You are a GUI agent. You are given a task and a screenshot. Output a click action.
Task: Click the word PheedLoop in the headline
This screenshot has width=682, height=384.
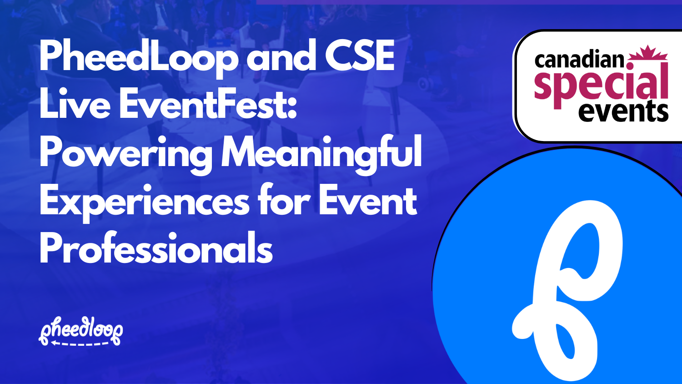click(138, 56)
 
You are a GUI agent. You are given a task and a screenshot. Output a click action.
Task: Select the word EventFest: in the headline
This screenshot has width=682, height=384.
click(208, 105)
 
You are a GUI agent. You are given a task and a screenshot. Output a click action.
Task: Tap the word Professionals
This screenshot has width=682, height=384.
click(156, 249)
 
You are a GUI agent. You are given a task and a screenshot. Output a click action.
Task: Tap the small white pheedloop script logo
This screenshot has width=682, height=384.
click(81, 329)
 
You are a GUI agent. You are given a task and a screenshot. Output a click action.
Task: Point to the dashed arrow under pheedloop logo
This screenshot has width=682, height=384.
click(80, 344)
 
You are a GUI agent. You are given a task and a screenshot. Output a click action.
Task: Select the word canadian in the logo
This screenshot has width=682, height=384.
click(580, 60)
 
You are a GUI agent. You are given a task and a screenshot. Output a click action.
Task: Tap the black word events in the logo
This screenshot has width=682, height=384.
click(623, 111)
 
